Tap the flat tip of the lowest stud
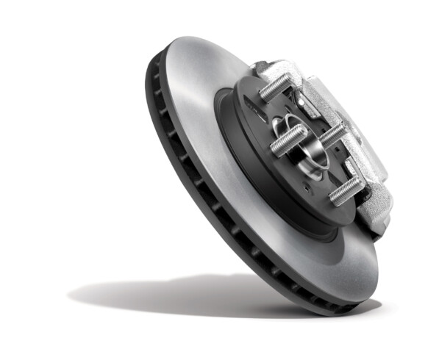point(332,197)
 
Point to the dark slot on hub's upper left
point(254,108)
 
